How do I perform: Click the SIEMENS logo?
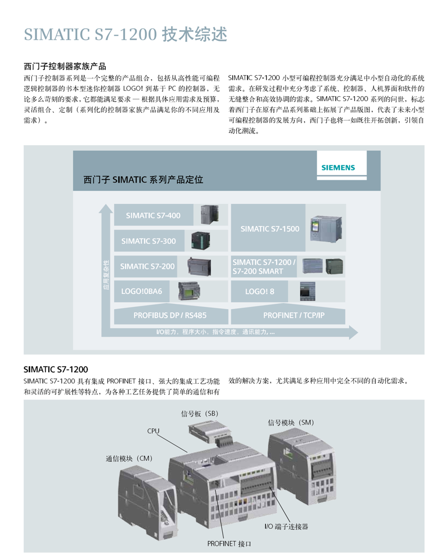[x=338, y=168]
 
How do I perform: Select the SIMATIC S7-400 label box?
[x=153, y=215]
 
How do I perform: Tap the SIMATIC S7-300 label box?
[x=149, y=241]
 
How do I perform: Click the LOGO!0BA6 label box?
[x=142, y=292]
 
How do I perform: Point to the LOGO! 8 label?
[x=260, y=292]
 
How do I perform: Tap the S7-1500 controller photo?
[x=326, y=228]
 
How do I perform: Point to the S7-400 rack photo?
[x=209, y=214]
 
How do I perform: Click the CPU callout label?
[x=153, y=431]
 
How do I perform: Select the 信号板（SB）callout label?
[x=200, y=413]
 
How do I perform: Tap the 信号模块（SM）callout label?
[x=291, y=423]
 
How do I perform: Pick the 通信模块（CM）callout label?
[x=129, y=458]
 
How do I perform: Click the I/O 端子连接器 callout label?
[x=286, y=527]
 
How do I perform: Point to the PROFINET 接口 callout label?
[x=229, y=544]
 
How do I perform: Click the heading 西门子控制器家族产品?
[x=65, y=66]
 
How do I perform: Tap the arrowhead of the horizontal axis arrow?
[x=353, y=332]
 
